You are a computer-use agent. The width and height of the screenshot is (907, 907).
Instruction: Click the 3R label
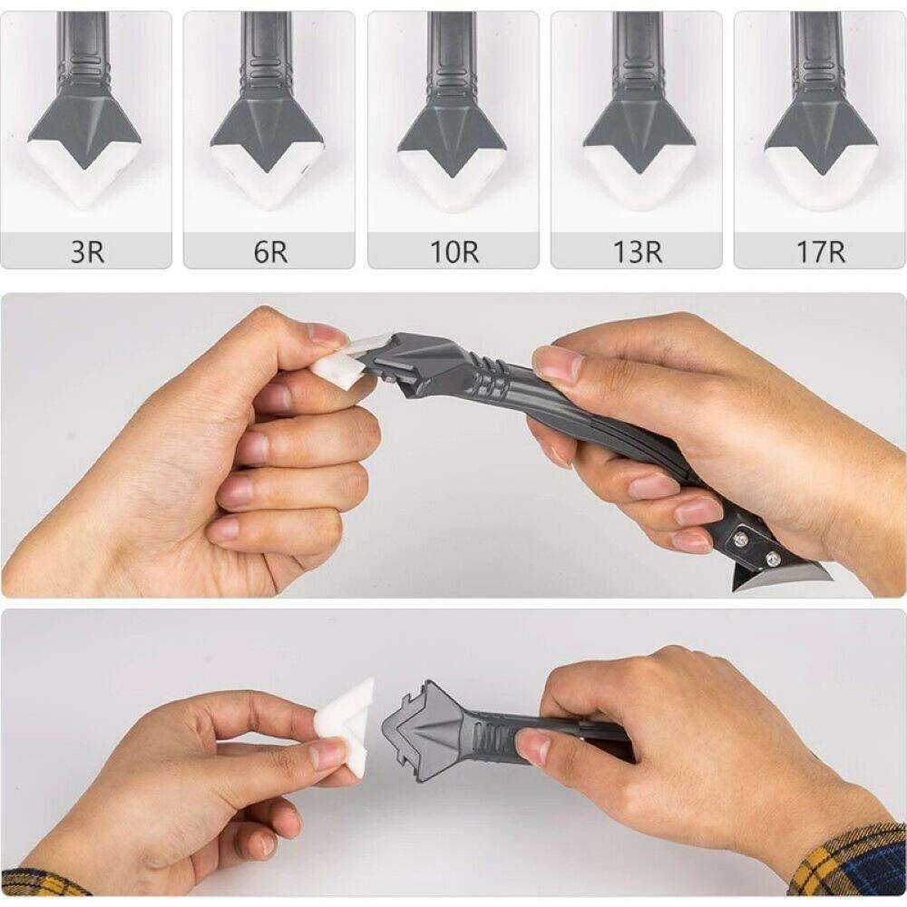tap(87, 251)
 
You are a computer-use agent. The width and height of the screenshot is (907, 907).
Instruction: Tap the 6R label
tap(270, 251)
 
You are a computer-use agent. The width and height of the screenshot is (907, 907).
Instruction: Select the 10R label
tap(453, 251)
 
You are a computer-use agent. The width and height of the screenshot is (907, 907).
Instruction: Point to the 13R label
tap(637, 251)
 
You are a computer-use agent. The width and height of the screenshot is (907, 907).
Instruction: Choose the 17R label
tap(820, 251)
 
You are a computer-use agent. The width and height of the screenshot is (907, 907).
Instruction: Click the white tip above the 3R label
tap(83, 177)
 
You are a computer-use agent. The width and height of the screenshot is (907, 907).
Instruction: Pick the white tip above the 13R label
tap(639, 181)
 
